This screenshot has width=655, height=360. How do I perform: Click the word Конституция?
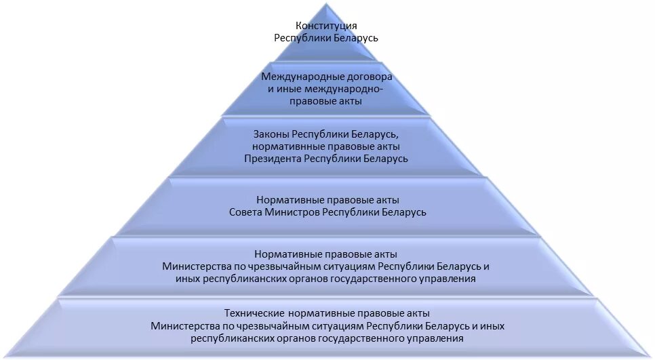pos(326,26)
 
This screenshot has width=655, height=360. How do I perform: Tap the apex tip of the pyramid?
pos(327,4)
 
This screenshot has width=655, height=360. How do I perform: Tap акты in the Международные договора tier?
pos(347,101)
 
